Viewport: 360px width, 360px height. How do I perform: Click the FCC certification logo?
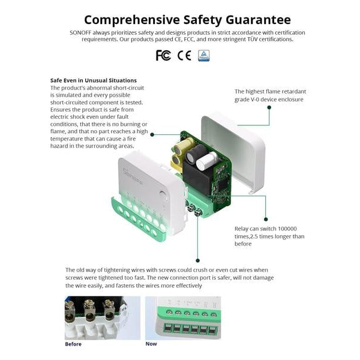pos(163,55)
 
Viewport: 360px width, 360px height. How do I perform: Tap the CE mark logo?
pos(184,55)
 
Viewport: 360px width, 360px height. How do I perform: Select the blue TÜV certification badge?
pos(204,55)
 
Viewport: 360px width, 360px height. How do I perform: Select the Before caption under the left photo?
pos(73,344)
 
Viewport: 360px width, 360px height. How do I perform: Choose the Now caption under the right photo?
pos(151,344)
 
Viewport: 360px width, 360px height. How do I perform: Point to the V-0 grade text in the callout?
pos(257,99)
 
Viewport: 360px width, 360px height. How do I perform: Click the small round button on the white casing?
pos(163,193)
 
